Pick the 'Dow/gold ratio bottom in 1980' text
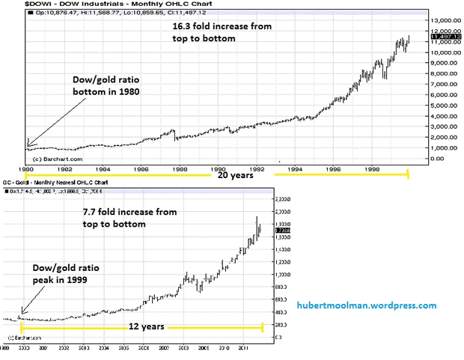pos(106,85)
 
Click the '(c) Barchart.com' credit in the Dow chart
pos(51,159)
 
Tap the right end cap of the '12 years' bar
pos(263,327)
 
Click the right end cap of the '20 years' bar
pos(408,174)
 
